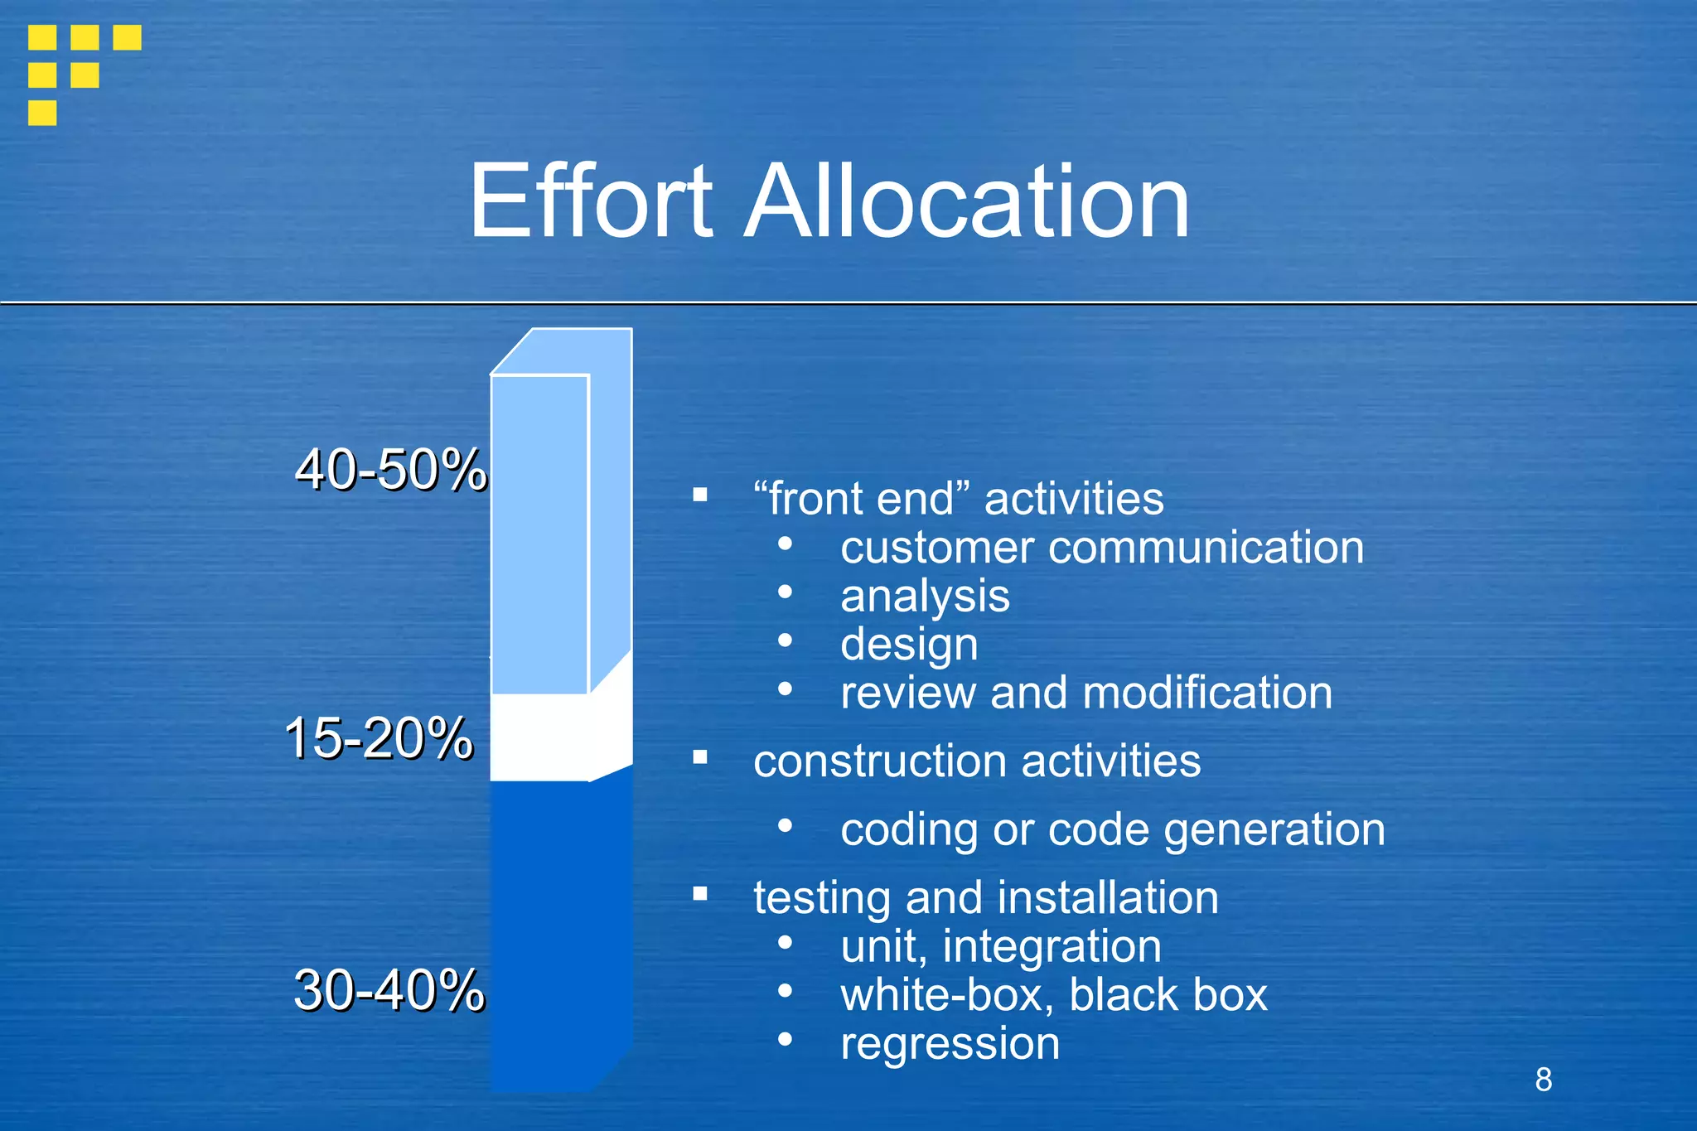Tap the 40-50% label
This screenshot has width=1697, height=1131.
click(390, 470)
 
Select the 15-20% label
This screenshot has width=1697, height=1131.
click(379, 737)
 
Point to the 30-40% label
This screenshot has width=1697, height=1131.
click(389, 989)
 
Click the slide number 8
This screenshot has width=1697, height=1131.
click(1543, 1080)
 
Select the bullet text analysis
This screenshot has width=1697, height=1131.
click(925, 597)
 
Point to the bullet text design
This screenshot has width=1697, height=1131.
click(909, 645)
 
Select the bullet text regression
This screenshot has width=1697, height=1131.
click(950, 1043)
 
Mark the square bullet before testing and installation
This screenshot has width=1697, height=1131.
click(700, 893)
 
